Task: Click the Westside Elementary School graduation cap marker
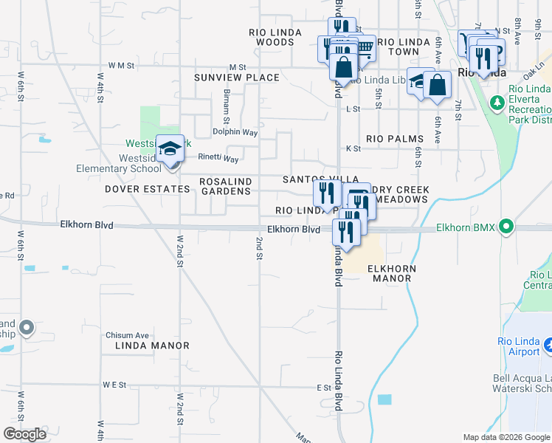[x=170, y=150]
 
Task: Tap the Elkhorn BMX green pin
[x=506, y=227]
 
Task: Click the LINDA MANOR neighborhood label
[x=152, y=346]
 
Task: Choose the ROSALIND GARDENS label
[x=226, y=186]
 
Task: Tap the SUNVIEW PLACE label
[x=237, y=78]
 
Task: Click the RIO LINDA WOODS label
[x=272, y=37]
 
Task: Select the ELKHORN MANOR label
[x=392, y=274]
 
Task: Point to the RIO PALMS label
[x=395, y=139]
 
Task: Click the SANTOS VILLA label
[x=322, y=179]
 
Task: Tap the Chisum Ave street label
[x=127, y=334]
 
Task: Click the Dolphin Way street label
[x=235, y=133]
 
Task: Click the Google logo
[x=25, y=434]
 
